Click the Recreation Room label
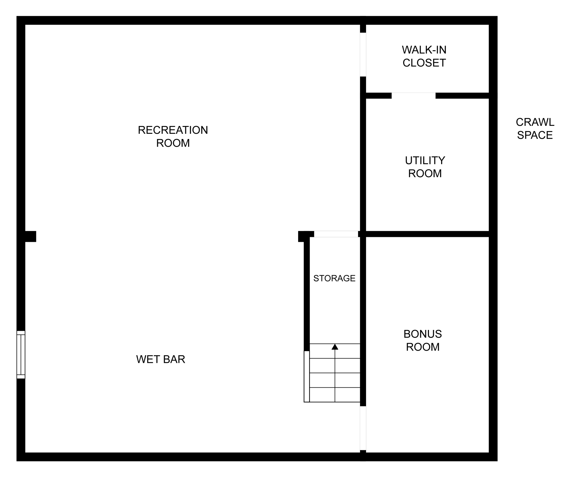click(x=173, y=137)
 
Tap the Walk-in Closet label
click(x=424, y=56)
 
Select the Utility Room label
click(x=425, y=167)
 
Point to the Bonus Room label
click(x=423, y=340)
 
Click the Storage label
click(x=334, y=278)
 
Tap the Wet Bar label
click(x=161, y=359)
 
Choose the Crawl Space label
click(x=535, y=129)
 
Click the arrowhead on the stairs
click(x=335, y=347)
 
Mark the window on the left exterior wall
click(x=21, y=355)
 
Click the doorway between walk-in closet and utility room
click(x=414, y=96)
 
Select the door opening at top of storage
click(x=336, y=234)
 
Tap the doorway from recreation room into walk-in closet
click(x=363, y=55)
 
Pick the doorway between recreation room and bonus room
click(x=363, y=428)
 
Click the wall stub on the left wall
click(x=31, y=237)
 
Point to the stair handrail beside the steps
click(x=307, y=376)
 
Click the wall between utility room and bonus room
click(x=427, y=234)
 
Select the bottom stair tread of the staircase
click(x=335, y=395)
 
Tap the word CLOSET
click(x=424, y=63)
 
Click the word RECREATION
click(x=173, y=130)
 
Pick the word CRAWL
click(x=535, y=122)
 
